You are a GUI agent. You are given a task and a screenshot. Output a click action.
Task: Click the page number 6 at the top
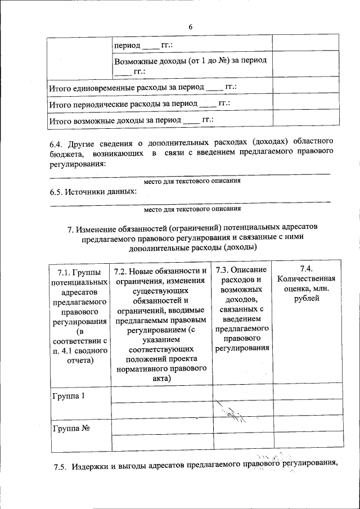[191, 28]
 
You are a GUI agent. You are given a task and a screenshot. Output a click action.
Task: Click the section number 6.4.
[58, 141]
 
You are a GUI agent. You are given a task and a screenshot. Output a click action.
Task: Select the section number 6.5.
[58, 192]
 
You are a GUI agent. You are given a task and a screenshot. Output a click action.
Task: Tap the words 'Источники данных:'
[103, 192]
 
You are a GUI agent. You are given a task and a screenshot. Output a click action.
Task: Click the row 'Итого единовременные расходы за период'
[142, 88]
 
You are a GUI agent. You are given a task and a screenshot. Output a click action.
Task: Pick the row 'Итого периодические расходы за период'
[139, 104]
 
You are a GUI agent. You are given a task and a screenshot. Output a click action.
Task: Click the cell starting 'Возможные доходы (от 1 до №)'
[190, 65]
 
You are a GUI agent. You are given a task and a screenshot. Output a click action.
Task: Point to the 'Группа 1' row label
[68, 396]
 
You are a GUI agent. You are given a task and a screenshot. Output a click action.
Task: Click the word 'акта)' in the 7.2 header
[160, 379]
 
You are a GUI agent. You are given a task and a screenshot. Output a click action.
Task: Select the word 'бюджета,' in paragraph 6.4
[66, 152]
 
